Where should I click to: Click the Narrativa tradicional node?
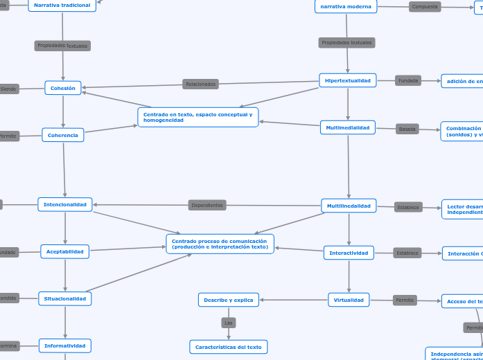(x=62, y=6)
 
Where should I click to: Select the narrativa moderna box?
(x=346, y=6)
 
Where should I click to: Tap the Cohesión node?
(x=63, y=88)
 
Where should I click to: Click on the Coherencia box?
(x=63, y=135)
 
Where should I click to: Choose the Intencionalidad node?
(x=65, y=204)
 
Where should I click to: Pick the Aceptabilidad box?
(x=65, y=252)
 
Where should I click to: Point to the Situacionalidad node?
(x=65, y=299)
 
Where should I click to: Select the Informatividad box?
(x=65, y=345)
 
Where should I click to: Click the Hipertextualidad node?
(x=348, y=80)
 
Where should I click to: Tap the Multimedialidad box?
(x=348, y=127)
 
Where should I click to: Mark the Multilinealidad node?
(x=349, y=206)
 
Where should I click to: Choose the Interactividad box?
(x=349, y=253)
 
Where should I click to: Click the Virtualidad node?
(x=349, y=300)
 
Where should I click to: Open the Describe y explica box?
(x=229, y=300)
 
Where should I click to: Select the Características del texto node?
(x=229, y=347)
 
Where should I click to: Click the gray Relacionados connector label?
(x=201, y=84)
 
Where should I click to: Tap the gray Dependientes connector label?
(x=207, y=205)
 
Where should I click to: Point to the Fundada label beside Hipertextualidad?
(x=408, y=80)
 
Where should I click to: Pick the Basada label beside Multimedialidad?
(x=407, y=129)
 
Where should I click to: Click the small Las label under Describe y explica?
(x=229, y=323)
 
